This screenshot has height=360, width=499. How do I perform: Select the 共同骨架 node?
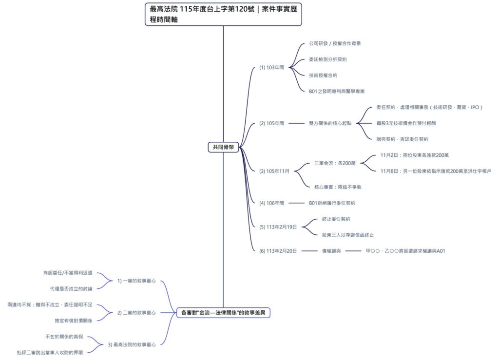click(x=223, y=147)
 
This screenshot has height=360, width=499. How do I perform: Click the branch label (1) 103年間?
click(x=271, y=67)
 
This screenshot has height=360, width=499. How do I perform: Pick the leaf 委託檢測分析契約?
click(x=327, y=59)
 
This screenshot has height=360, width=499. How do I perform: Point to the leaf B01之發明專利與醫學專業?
click(x=337, y=91)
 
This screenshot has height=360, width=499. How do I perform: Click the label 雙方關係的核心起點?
click(x=330, y=123)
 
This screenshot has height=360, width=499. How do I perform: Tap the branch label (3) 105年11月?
click(x=274, y=171)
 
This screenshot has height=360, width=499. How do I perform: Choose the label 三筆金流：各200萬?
click(x=335, y=163)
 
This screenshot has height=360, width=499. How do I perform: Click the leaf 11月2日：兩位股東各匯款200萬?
click(x=414, y=155)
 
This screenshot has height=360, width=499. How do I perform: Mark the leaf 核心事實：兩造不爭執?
click(x=338, y=187)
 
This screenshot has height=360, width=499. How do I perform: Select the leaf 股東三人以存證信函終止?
click(x=347, y=235)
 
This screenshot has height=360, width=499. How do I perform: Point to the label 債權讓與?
click(x=331, y=251)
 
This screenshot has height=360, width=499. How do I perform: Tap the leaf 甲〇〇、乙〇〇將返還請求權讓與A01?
click(x=405, y=251)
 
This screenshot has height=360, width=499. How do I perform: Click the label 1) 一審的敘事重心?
click(x=136, y=281)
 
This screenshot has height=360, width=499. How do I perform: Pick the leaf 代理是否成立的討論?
click(x=71, y=289)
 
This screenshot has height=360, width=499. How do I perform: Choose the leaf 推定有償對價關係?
click(x=74, y=320)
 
